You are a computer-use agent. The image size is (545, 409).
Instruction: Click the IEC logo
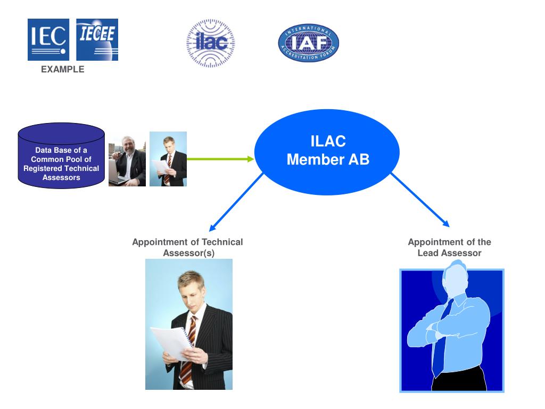48,40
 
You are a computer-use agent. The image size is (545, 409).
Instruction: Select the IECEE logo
97,40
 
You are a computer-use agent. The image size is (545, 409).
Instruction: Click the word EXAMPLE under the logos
63,69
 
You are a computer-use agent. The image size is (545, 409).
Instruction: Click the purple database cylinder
61,155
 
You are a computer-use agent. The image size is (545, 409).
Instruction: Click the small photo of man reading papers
168,159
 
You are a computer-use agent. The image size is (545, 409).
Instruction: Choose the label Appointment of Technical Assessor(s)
187,248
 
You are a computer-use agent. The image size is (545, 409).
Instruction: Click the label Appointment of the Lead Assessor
449,248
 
